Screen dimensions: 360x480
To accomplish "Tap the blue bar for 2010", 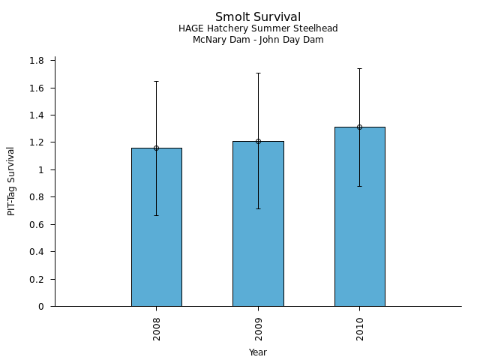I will point(359,217).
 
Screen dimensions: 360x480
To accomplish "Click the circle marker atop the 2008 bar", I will point(156,148).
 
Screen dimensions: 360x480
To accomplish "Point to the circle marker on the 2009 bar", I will point(258,141).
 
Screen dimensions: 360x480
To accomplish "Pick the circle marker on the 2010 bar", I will point(359,127).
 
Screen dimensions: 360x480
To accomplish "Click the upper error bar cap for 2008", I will point(156,81).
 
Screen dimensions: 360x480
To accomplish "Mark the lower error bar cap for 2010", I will point(359,186).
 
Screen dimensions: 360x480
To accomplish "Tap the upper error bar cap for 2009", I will point(258,73).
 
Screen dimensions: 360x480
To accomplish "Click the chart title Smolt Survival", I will point(258,16).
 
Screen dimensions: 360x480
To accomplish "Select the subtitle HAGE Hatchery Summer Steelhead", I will point(258,28).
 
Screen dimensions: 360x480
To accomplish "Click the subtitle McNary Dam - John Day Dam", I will point(258,40).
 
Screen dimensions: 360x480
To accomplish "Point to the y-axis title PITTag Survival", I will point(11,181).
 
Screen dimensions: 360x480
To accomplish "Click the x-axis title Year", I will point(258,352).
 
